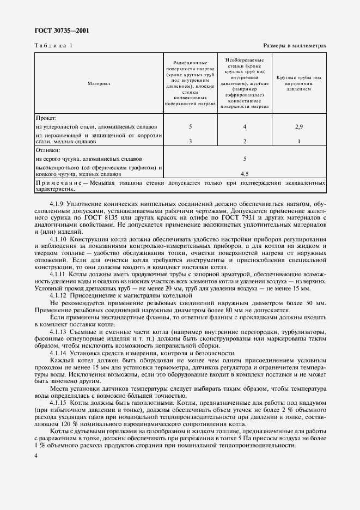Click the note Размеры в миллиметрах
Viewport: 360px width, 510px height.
pos(294,46)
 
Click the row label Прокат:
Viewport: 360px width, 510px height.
pos(46,118)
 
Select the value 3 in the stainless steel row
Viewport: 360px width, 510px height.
pos(190,141)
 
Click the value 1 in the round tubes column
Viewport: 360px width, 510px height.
pos(299,141)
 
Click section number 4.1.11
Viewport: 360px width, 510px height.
pos(59,274)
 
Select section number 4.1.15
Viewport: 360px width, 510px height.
pos(59,402)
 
